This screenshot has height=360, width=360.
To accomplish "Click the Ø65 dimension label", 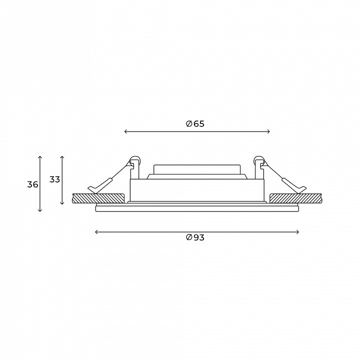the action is click(195, 124).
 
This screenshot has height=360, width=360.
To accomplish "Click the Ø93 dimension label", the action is click(195, 237).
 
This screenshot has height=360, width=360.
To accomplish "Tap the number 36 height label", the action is click(32, 184).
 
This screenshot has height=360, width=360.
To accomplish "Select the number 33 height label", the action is click(54, 179).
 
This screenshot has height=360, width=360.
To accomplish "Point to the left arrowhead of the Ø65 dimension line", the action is click(125, 131).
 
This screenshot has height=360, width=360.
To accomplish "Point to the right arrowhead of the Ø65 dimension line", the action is click(268, 131).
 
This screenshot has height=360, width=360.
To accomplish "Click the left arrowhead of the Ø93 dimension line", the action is click(96, 232).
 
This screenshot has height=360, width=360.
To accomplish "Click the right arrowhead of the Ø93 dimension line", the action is click(297, 232).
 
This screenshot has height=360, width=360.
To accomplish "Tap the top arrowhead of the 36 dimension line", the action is click(40, 157).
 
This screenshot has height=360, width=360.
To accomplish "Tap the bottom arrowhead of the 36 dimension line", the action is click(40, 210).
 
